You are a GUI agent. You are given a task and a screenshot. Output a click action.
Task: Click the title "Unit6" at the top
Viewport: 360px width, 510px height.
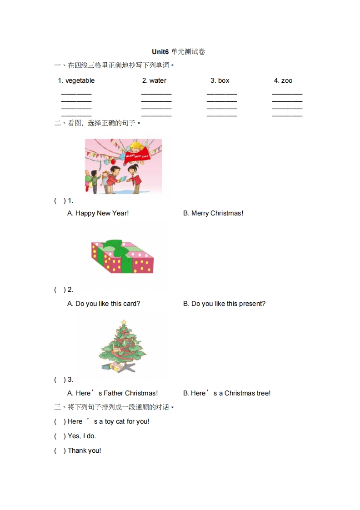[x=160, y=52]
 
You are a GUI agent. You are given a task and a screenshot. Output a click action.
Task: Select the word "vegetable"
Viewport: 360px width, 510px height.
[x=80, y=81]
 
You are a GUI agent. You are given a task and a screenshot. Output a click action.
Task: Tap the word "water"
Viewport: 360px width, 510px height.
[x=158, y=81]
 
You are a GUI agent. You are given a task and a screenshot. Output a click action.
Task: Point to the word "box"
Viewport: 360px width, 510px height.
[x=224, y=81]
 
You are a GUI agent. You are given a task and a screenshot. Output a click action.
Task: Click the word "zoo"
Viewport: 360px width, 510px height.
[x=287, y=81]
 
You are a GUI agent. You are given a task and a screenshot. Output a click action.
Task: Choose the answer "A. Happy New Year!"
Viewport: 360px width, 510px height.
[x=98, y=213]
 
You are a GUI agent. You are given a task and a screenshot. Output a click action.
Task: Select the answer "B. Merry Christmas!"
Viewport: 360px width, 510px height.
[x=213, y=213]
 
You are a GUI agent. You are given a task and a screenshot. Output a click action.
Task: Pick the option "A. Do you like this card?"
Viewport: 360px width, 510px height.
[x=104, y=304]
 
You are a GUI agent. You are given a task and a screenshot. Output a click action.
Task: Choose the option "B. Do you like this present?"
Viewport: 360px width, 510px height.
[x=224, y=304]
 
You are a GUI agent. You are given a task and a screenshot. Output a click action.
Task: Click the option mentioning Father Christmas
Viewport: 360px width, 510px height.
[x=112, y=394]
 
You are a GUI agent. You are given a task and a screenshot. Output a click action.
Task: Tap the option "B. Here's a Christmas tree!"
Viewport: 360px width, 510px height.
[x=227, y=394]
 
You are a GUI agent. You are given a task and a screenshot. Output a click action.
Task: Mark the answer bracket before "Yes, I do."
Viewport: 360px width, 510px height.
[x=60, y=436]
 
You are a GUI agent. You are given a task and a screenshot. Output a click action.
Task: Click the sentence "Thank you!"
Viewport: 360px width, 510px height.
[x=85, y=451]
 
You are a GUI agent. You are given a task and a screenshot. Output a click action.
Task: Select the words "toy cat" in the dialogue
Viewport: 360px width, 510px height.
[x=115, y=422]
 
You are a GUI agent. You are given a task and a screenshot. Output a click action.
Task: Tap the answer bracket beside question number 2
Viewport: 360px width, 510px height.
[x=60, y=290]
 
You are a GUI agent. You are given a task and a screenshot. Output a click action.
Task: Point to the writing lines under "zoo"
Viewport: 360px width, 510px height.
[x=287, y=105]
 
